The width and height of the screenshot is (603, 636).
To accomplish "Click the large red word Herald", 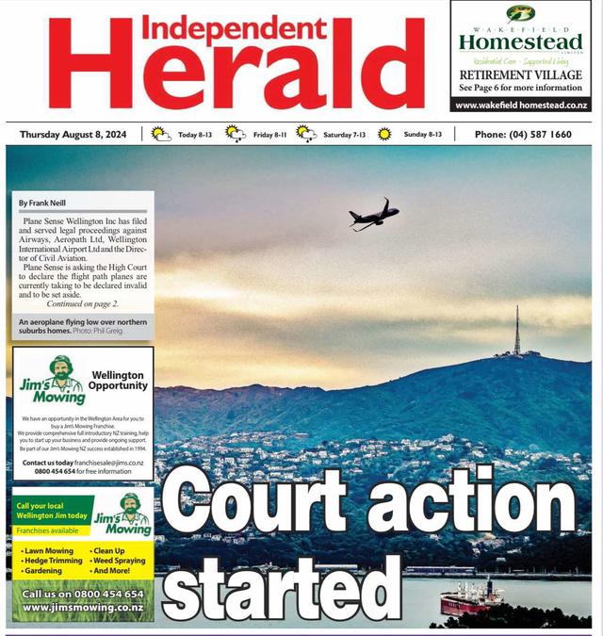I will coord(236,77).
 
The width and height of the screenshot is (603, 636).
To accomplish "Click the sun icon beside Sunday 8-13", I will coord(384,135).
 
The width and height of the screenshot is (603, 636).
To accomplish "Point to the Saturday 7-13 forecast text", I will coord(344,135).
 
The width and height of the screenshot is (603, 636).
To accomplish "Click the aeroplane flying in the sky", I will coord(373,215).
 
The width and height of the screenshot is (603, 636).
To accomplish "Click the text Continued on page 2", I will coord(83,303).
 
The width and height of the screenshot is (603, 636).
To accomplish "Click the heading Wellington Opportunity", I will coord(119,380).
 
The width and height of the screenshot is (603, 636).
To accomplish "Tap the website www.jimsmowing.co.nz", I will coord(82,608).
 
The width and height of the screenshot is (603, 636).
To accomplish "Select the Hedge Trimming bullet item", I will coord(52,560).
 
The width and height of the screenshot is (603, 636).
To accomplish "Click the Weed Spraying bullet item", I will coord(118,560).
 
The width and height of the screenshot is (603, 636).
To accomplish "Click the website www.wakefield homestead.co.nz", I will coord(520,106).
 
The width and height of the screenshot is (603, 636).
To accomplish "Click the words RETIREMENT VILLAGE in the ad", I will coord(520,74).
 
